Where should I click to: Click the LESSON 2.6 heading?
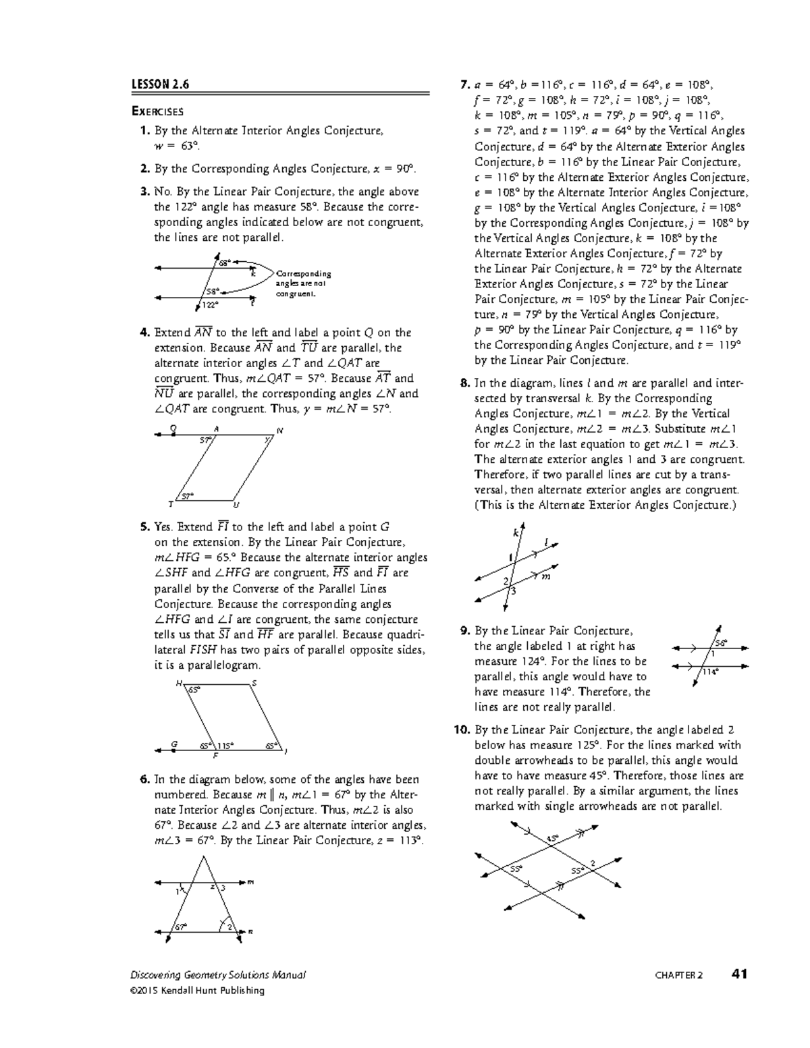(x=160, y=84)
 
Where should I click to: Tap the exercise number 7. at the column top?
(x=464, y=85)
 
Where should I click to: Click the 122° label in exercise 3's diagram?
(x=211, y=305)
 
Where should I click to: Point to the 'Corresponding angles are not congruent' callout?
(x=303, y=284)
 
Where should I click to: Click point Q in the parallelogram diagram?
(x=173, y=428)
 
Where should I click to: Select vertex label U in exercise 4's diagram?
(x=236, y=505)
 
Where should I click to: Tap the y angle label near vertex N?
(x=267, y=439)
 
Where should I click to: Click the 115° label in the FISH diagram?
(x=225, y=746)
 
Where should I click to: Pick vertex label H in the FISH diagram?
(x=178, y=683)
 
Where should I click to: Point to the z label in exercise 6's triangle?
(x=213, y=887)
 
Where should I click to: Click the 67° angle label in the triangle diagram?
(x=181, y=927)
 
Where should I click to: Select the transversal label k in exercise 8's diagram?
(x=516, y=533)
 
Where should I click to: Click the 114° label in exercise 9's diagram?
(x=710, y=671)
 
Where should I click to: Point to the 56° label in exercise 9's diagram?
(x=721, y=642)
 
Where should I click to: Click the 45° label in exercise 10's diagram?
(x=553, y=839)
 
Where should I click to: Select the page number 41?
(x=739, y=974)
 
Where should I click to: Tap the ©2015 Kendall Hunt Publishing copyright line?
(x=197, y=991)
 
